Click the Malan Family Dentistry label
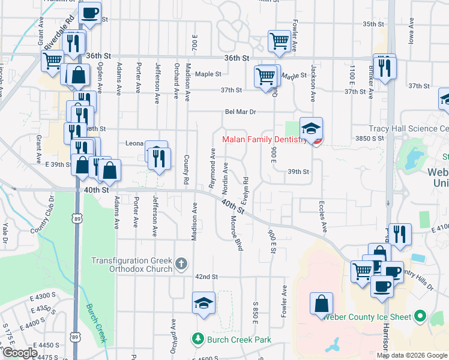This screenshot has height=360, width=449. point(264,139)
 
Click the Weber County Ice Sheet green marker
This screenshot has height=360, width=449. point(420,316)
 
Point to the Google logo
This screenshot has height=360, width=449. point(19,353)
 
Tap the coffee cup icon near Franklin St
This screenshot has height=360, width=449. point(90,13)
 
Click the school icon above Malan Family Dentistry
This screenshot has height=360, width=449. point(311,128)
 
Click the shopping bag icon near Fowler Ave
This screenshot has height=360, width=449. point(321,302)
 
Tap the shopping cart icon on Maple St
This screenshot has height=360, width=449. point(265,76)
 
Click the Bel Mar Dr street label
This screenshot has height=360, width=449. point(240,112)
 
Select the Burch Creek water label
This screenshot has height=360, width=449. point(95,322)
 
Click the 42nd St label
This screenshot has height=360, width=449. point(205,277)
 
